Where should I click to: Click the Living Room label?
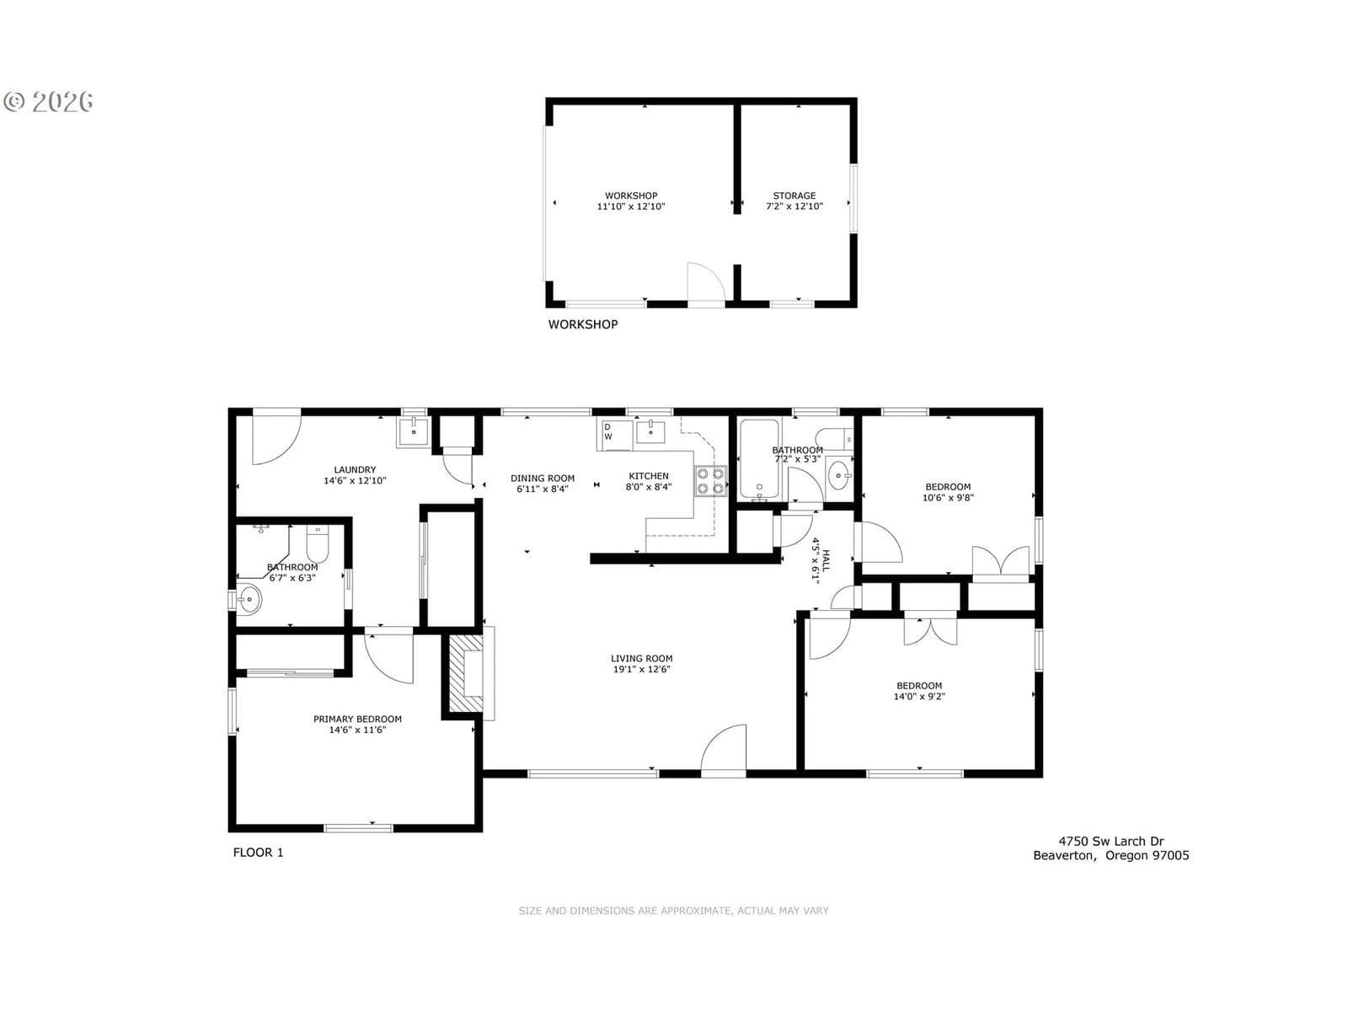(641, 658)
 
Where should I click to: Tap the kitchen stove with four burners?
(710, 481)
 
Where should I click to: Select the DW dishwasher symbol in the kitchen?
(613, 435)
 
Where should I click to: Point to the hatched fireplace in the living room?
(468, 673)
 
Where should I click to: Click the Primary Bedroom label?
(357, 719)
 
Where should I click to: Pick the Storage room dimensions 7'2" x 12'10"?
(794, 206)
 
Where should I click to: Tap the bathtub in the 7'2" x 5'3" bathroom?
(760, 459)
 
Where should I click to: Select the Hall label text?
(826, 561)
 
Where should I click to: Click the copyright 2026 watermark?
(48, 100)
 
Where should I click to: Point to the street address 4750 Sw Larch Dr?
(1110, 841)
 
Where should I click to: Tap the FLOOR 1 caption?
(258, 852)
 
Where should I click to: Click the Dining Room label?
(543, 479)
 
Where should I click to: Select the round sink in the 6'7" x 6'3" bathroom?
(249, 599)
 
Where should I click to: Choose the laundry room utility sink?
(413, 432)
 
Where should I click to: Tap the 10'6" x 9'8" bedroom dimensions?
(948, 498)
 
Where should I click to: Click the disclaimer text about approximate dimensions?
(673, 911)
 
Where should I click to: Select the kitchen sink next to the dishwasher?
(650, 431)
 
